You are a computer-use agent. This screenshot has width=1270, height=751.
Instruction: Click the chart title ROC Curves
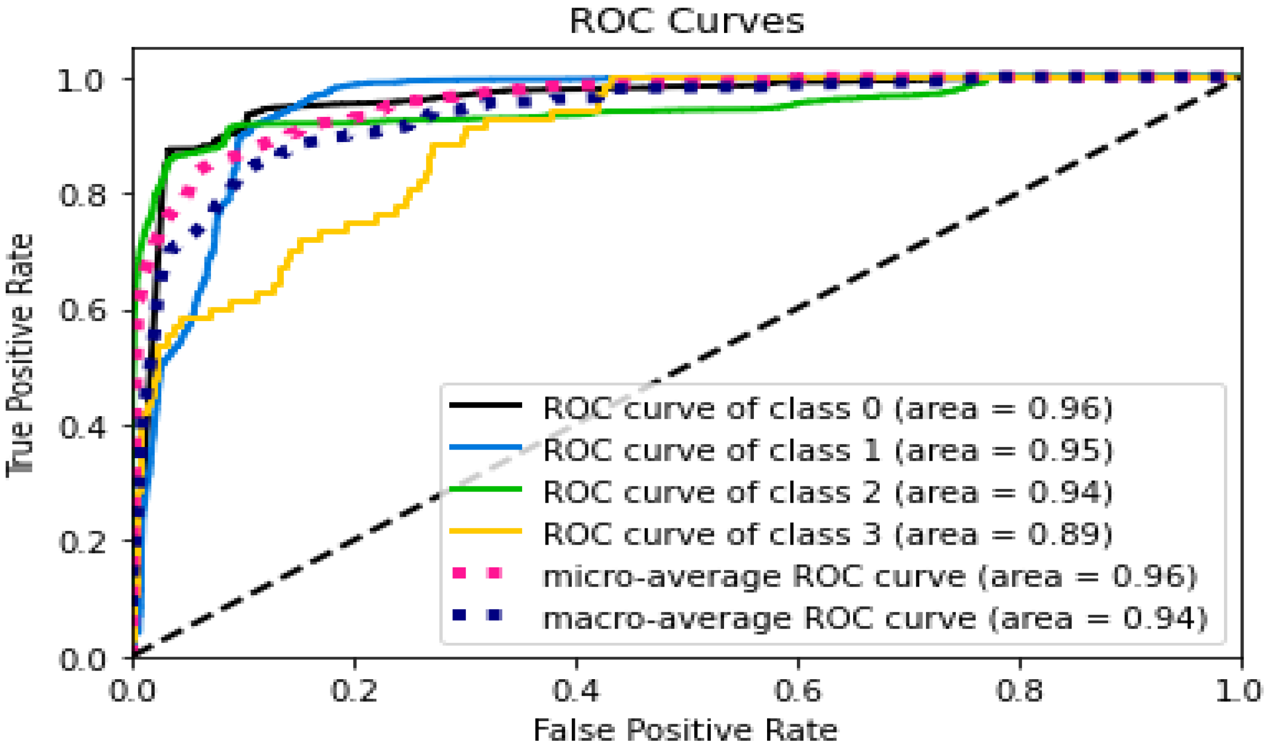[686, 21]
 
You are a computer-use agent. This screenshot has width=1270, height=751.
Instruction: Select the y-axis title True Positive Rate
[20, 354]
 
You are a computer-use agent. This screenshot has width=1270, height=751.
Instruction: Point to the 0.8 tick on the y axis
[82, 195]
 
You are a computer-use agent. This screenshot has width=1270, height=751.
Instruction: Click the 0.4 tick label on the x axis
[576, 691]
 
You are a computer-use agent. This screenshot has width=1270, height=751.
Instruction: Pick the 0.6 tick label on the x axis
[798, 691]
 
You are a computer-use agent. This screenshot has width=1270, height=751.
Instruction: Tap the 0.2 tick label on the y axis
[82, 542]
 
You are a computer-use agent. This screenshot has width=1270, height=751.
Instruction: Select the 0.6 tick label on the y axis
[82, 310]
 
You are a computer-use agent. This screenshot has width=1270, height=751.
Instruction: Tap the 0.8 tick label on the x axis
[1019, 691]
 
